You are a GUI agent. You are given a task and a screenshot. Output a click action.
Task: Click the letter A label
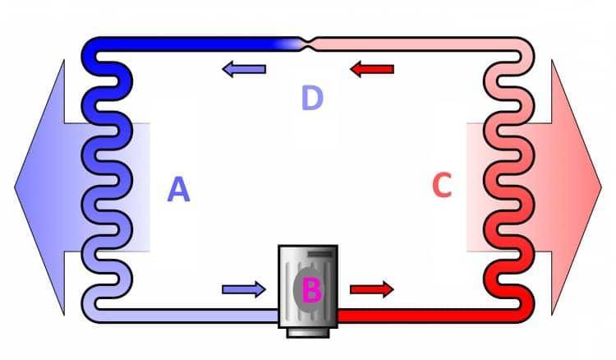click(x=179, y=189)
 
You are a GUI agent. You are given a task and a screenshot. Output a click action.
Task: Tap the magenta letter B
click(x=312, y=290)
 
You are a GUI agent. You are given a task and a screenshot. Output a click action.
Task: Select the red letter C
click(x=442, y=185)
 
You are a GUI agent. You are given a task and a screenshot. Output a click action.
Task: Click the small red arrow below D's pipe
click(x=371, y=70)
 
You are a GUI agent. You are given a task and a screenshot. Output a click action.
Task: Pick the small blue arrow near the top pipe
click(x=244, y=70)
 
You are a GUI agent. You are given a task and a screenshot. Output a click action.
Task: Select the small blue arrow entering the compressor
click(x=244, y=289)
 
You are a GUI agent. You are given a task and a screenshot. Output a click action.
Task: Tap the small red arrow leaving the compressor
click(x=371, y=289)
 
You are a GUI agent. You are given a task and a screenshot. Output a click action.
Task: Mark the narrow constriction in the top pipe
click(x=309, y=44)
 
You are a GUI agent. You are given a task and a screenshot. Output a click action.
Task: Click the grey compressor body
click(x=308, y=286)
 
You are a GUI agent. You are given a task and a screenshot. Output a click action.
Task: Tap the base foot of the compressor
click(x=308, y=333)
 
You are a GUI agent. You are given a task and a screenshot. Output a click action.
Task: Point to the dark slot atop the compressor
click(x=320, y=255)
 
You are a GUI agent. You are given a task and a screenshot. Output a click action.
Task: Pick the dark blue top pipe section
click(x=189, y=44)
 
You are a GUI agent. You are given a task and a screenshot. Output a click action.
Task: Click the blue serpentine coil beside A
click(x=108, y=180)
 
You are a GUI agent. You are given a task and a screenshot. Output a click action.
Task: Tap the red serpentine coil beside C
click(x=508, y=180)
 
